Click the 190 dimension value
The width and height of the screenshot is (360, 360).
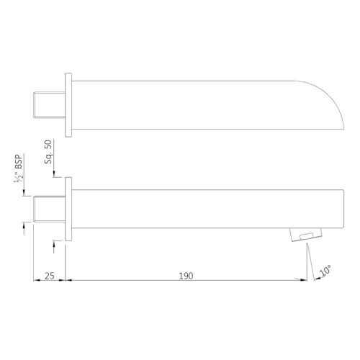[x=186, y=276]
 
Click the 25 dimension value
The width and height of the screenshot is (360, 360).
[x=50, y=276]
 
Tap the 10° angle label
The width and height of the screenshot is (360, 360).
[x=325, y=271]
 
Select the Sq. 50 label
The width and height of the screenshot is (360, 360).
[x=48, y=152]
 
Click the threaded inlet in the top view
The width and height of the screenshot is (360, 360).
[x=49, y=105]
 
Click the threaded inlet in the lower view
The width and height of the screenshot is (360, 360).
[x=49, y=209]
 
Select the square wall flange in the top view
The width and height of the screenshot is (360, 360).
[x=68, y=105]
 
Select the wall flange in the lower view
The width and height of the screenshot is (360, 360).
[x=68, y=209]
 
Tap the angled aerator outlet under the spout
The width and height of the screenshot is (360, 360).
[x=305, y=235]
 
